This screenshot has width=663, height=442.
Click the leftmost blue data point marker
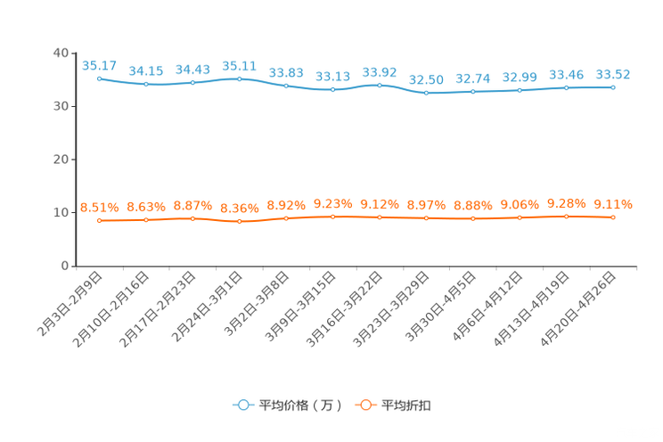click(100, 78)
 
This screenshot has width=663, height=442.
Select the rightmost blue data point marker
click(613, 87)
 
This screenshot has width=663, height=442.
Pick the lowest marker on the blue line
click(427, 93)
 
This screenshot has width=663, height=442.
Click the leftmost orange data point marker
click(100, 220)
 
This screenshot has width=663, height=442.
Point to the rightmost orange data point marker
click(613, 217)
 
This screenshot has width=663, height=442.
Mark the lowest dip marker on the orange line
click(240, 221)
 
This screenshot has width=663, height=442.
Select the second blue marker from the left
click(146, 84)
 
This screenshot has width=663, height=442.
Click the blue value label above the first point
click(100, 65)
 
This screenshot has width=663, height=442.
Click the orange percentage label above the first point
click(100, 207)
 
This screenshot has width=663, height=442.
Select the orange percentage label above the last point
click(613, 204)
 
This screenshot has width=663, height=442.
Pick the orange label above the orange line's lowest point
click(240, 208)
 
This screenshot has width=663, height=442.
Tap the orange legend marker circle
click(365, 405)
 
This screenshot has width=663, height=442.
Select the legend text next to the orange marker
click(406, 405)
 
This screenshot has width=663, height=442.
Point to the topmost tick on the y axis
click(74, 53)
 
